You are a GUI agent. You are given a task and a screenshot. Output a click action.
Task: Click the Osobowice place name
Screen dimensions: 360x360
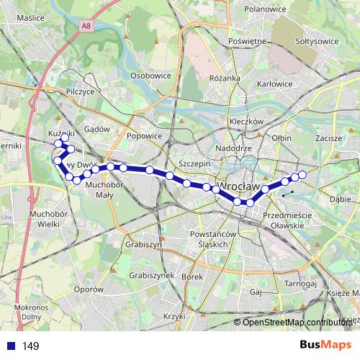point(150,75)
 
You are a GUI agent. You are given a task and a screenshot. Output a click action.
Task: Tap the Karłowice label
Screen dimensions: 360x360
point(275,84)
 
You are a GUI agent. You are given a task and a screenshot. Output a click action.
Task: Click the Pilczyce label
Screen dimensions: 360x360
point(80,92)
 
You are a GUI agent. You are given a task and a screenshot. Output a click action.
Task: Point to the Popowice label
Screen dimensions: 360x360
point(144,135)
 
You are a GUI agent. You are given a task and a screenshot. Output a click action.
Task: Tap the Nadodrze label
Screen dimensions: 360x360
point(233,148)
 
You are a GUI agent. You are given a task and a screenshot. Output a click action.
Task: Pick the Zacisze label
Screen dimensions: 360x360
point(328,138)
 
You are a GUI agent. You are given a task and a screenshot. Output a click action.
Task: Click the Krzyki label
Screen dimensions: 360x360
point(174,316)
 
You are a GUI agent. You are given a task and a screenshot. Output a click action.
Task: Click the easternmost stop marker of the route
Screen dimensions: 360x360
point(302,175)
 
